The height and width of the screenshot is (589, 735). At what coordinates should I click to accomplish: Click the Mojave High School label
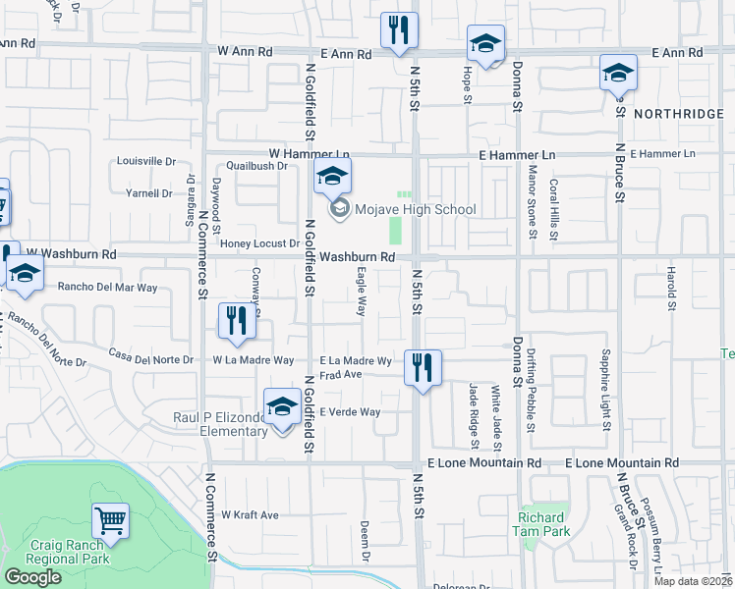pyautogui.click(x=415, y=209)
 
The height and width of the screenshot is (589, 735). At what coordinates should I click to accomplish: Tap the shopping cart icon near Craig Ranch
pyautogui.click(x=111, y=521)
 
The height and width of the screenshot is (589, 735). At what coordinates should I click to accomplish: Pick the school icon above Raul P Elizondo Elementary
pyautogui.click(x=282, y=406)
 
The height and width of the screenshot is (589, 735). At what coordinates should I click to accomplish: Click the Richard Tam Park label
pyautogui.click(x=541, y=524)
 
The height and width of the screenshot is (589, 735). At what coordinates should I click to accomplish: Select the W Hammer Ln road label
pyautogui.click(x=310, y=154)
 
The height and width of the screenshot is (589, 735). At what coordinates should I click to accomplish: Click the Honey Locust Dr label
pyautogui.click(x=259, y=243)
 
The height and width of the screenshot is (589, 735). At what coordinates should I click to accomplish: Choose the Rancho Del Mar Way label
pyautogui.click(x=107, y=288)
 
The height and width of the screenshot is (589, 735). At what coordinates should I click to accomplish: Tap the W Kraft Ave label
pyautogui.click(x=250, y=514)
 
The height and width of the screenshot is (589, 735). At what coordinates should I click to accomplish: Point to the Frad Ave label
pyautogui.click(x=342, y=374)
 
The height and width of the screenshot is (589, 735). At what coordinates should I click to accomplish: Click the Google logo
pyautogui.click(x=32, y=577)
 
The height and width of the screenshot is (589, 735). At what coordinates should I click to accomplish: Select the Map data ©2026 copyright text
pyautogui.click(x=693, y=581)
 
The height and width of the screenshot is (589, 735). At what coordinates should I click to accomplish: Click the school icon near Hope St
pyautogui.click(x=485, y=44)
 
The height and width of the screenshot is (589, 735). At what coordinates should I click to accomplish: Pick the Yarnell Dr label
pyautogui.click(x=150, y=193)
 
